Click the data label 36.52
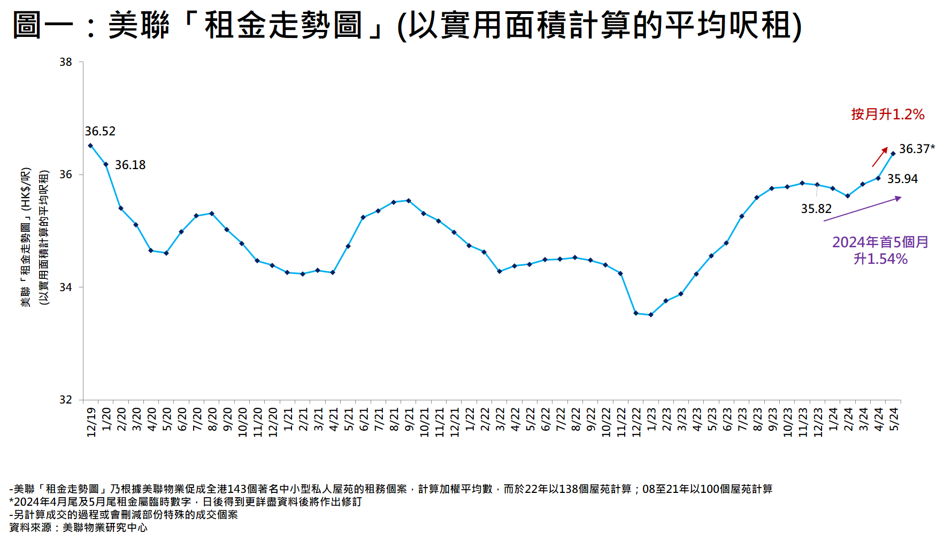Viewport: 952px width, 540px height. pyautogui.click(x=100, y=131)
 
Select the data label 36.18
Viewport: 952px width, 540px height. pyautogui.click(x=130, y=165)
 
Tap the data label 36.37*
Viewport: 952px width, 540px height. pyautogui.click(x=917, y=149)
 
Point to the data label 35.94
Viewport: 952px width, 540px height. pyautogui.click(x=902, y=179)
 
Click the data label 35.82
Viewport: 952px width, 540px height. pyautogui.click(x=816, y=209)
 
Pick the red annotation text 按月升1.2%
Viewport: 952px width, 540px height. pyautogui.click(x=888, y=114)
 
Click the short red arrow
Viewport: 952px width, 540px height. pyautogui.click(x=880, y=157)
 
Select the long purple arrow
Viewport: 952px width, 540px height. pyautogui.click(x=862, y=209)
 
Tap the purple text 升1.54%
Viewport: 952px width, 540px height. pyautogui.click(x=880, y=259)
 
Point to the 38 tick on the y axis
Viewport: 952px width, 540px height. pyautogui.click(x=66, y=62)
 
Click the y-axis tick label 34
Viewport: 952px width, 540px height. pyautogui.click(x=66, y=287)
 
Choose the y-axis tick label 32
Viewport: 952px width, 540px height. pyautogui.click(x=66, y=400)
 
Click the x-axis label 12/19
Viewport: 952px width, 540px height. pyautogui.click(x=91, y=422)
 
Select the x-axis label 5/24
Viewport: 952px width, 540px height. pyautogui.click(x=894, y=419)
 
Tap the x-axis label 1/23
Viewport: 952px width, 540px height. pyautogui.click(x=651, y=419)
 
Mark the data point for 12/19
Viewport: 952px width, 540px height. pyautogui.click(x=90, y=146)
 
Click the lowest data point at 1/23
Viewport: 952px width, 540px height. pyautogui.click(x=651, y=315)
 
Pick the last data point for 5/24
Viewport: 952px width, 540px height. pyautogui.click(x=893, y=154)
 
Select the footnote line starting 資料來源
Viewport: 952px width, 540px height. pyautogui.click(x=78, y=528)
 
